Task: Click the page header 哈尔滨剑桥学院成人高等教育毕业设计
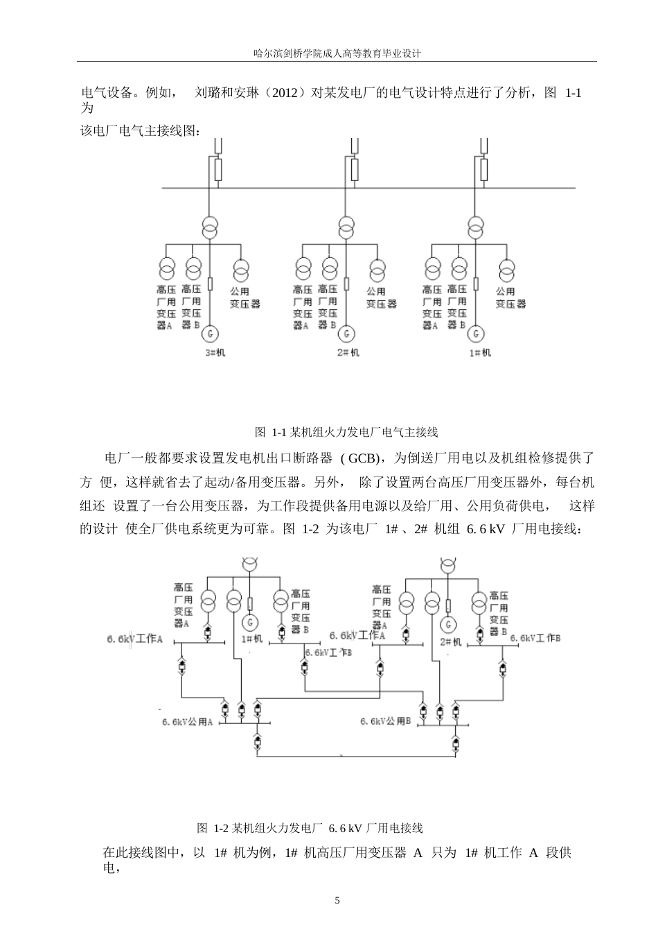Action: [x=337, y=53]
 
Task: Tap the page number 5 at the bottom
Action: [x=337, y=901]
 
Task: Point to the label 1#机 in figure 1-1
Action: [x=481, y=353]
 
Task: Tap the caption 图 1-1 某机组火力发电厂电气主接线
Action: [x=346, y=432]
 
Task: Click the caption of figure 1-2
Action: [x=310, y=828]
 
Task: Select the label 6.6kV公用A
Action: [x=187, y=722]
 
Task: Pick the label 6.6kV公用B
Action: [x=386, y=721]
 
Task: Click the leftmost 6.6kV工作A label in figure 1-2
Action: [x=134, y=639]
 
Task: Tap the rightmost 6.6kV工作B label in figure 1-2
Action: [x=535, y=638]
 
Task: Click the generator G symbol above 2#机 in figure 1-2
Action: [x=448, y=624]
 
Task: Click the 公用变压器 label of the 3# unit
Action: [x=244, y=297]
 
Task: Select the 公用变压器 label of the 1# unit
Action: [x=510, y=297]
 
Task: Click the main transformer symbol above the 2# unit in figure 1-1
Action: [x=346, y=227]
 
